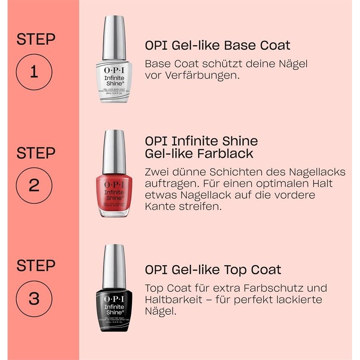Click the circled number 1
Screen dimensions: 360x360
pos(34,72)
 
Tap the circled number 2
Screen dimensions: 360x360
pos(34,186)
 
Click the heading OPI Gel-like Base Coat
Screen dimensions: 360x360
pos(217,45)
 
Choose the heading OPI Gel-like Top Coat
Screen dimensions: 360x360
pos(213,270)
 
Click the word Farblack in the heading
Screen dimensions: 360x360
pos(226,154)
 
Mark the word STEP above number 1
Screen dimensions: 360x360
pos(36,40)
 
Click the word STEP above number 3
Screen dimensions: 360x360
pos(36,266)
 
